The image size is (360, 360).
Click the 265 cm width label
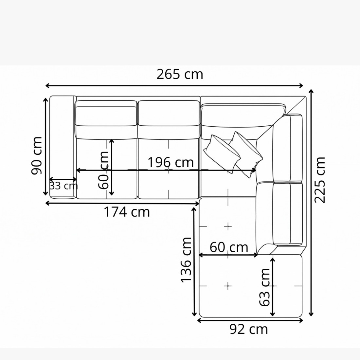point(180,74)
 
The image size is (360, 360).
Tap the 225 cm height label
point(320,180)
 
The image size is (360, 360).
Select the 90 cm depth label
point(37,155)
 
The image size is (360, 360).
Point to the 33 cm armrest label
point(63,186)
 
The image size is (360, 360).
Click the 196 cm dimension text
point(171,162)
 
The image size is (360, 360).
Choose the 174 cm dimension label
point(127,212)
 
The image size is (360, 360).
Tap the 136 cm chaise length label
point(186,260)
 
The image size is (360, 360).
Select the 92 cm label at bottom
point(249,329)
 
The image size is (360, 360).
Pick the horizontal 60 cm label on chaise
point(229,247)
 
